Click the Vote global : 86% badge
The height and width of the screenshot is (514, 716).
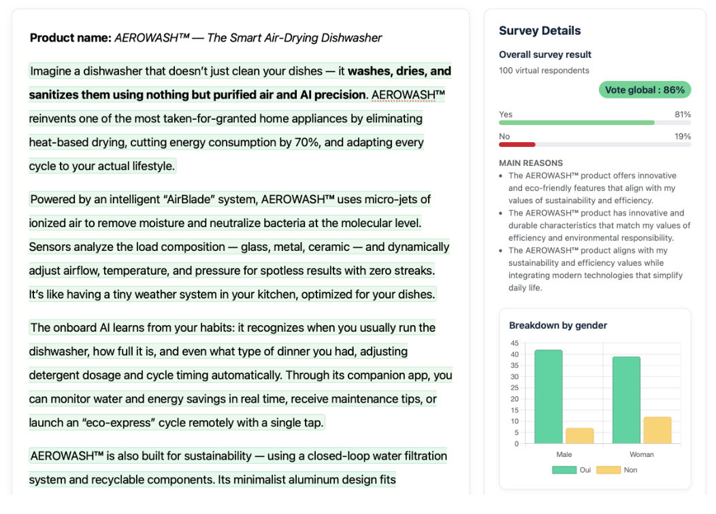[645, 90]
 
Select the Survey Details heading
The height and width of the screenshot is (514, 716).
[540, 31]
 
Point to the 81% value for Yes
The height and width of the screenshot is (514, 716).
[682, 114]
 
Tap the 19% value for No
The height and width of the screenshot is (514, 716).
[682, 137]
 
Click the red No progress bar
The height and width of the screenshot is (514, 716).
[517, 144]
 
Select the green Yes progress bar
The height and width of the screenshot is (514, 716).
[576, 122]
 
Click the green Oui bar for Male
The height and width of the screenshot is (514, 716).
[549, 397]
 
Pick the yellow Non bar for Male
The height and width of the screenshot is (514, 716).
[579, 436]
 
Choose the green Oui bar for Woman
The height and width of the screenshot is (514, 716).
[626, 400]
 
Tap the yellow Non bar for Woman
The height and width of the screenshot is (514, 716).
[657, 430]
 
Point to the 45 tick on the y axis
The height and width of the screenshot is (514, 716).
[515, 343]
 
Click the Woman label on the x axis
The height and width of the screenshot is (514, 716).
[641, 454]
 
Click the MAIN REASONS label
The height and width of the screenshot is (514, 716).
[531, 163]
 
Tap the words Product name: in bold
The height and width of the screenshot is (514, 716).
[71, 38]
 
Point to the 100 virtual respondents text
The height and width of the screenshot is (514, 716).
[544, 71]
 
